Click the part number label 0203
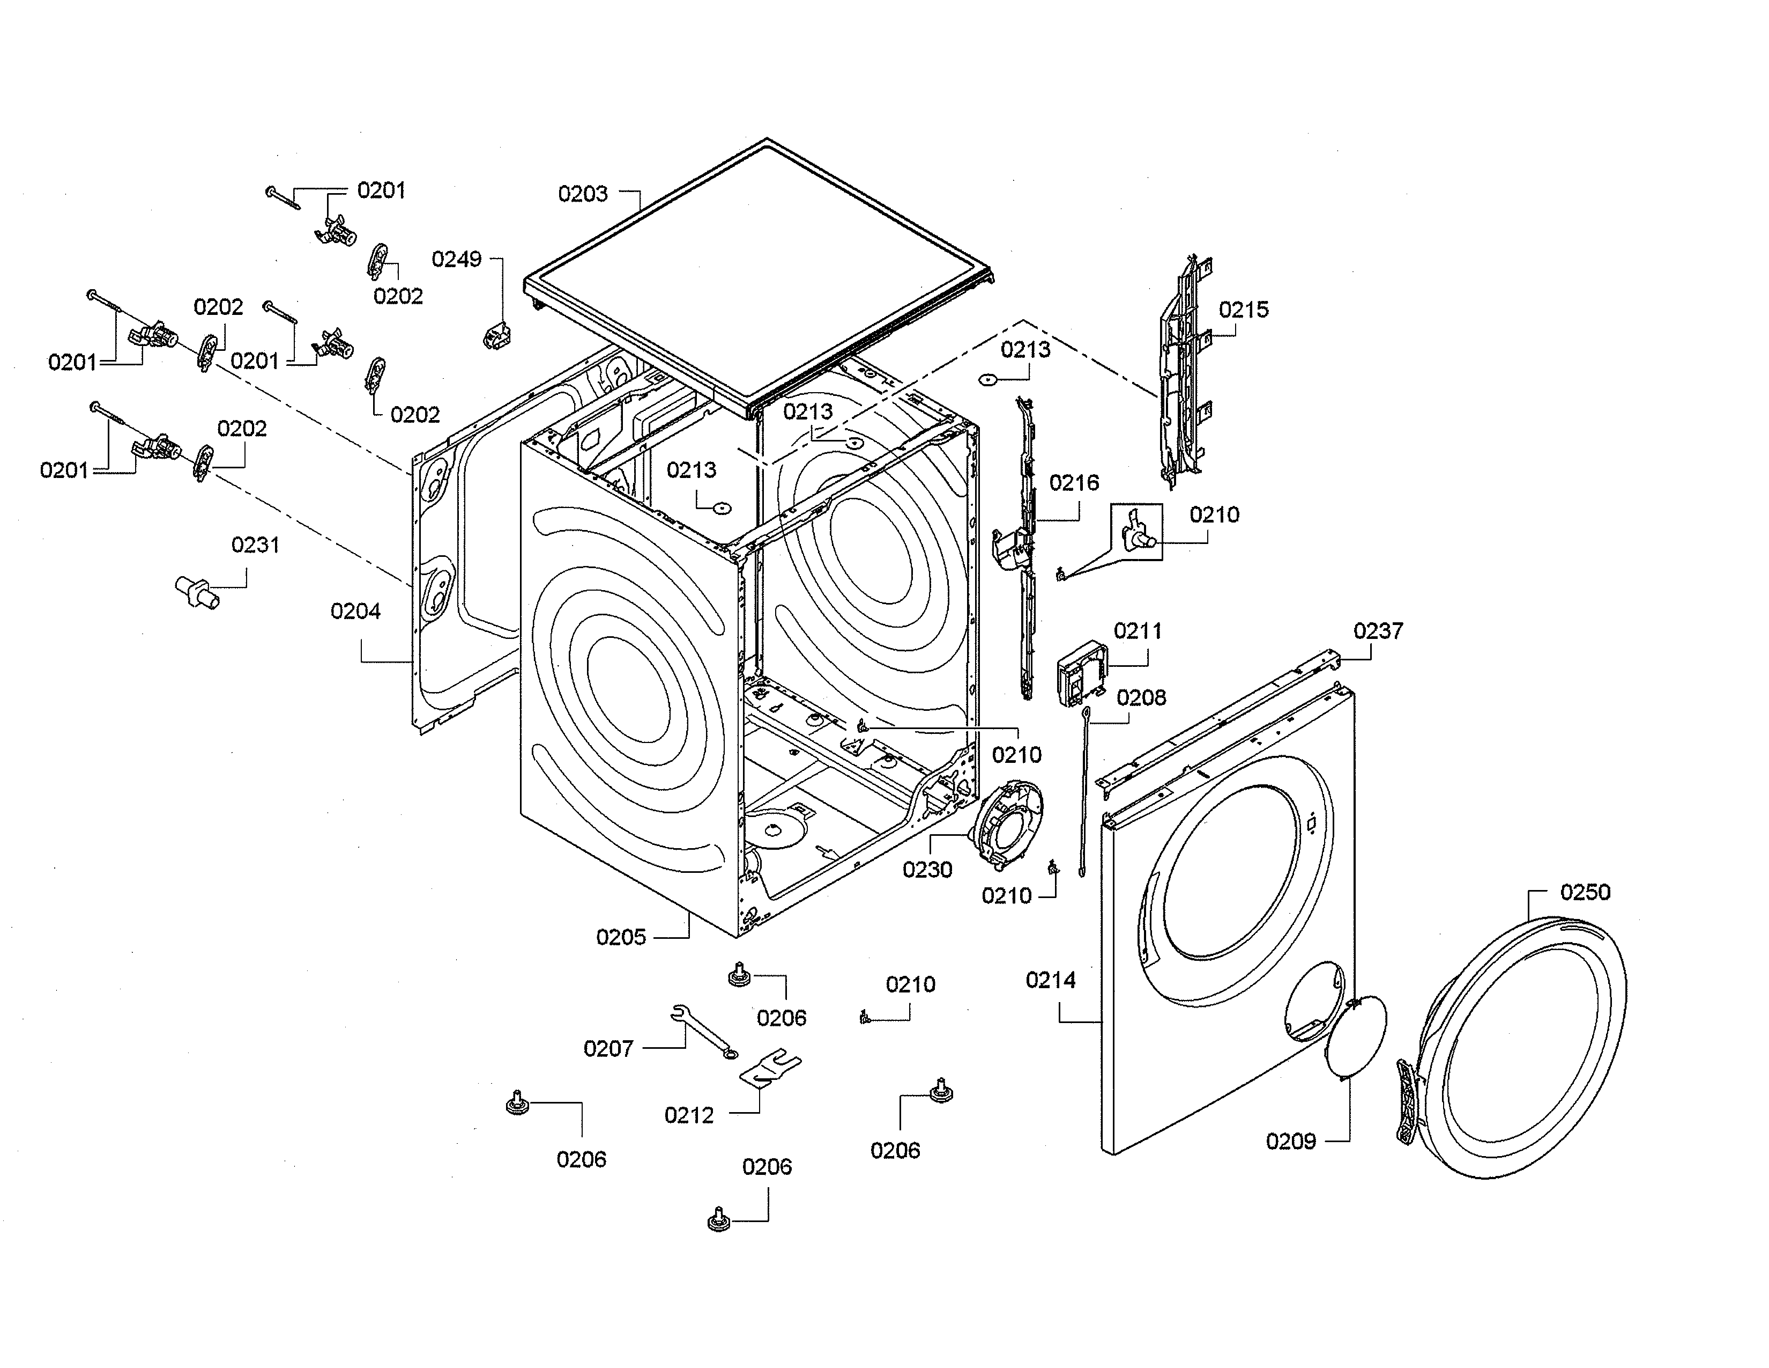pos(582,194)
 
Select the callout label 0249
pos(456,259)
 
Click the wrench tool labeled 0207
pos(702,1032)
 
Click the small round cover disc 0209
pos(1356,1040)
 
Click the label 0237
pos(1378,630)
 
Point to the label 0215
pos(1243,310)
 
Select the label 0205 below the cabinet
pos(620,938)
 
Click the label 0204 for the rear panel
pos(355,611)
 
